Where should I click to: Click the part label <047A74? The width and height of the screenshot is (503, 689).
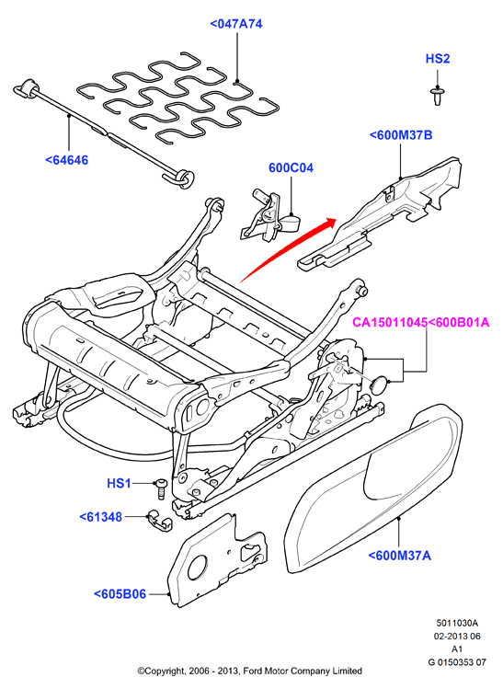(236, 24)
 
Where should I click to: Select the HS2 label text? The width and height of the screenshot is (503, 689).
(438, 59)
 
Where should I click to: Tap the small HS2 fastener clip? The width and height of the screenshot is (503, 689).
(437, 96)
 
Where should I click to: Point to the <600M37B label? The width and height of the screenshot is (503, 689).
(401, 135)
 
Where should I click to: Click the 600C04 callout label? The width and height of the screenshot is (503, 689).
(291, 167)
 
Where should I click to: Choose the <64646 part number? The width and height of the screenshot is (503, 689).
(67, 160)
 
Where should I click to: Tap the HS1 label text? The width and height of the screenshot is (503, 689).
(119, 483)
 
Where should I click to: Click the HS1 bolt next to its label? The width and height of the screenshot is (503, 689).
(160, 488)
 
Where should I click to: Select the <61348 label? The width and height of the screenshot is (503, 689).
(100, 517)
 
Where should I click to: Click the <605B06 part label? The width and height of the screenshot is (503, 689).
(120, 594)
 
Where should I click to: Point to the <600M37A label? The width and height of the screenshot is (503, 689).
(400, 556)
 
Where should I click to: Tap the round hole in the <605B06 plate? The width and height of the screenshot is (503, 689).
(197, 568)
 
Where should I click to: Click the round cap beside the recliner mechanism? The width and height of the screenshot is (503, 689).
(380, 385)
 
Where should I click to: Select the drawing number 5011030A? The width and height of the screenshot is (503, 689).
(457, 623)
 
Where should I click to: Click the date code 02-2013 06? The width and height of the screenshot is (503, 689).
(457, 636)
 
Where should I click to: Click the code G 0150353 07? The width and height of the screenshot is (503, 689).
(457, 661)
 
